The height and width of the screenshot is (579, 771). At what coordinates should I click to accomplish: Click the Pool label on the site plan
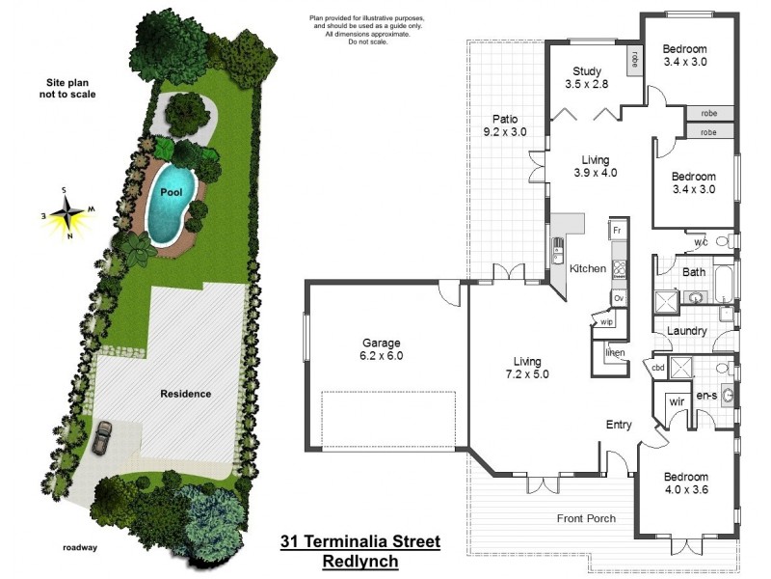coord(172,192)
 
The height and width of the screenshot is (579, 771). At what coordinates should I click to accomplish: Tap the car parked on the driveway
coord(101,437)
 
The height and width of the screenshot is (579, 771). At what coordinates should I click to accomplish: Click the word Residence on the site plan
coord(186,394)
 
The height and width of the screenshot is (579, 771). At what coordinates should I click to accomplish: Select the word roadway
coord(79,547)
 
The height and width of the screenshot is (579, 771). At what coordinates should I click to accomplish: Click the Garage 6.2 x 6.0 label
coord(382,348)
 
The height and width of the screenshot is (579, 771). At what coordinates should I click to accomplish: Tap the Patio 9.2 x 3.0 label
coord(505,125)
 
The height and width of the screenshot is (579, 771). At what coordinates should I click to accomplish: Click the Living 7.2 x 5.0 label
coord(525,368)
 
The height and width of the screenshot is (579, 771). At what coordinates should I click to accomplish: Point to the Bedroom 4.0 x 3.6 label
coord(686,483)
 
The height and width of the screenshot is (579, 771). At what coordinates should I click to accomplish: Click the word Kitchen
coord(587,268)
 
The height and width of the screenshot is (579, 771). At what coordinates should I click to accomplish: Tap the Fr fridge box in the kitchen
coord(619,232)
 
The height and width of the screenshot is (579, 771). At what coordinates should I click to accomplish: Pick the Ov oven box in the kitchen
coord(619,298)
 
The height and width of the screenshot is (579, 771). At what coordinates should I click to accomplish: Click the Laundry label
coord(688,331)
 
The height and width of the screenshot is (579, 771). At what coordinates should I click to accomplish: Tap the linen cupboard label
coord(615,352)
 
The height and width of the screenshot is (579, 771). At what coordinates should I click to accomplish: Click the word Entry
coord(619,425)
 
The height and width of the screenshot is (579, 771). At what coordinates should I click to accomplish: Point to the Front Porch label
coord(586,518)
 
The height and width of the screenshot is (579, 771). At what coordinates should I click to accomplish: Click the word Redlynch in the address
coord(359,561)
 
